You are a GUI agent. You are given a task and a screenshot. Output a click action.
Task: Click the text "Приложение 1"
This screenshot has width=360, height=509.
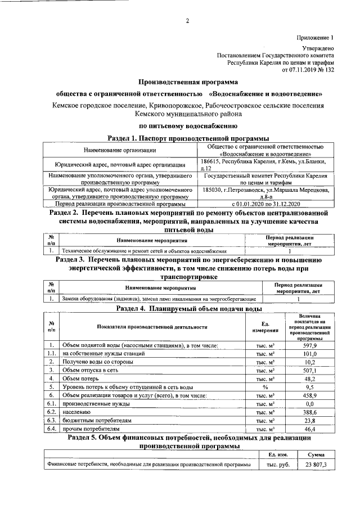pos(316,37)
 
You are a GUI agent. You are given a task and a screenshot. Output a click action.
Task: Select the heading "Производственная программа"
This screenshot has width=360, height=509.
pos(188,83)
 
